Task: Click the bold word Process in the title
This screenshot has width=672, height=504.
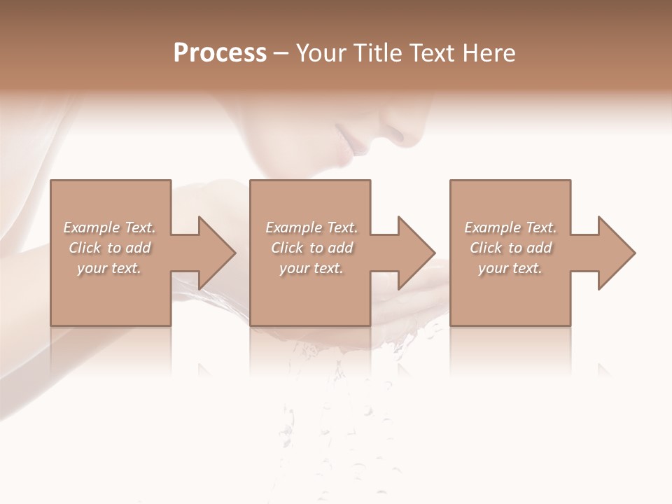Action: pyautogui.click(x=220, y=53)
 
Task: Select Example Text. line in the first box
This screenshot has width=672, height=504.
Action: pyautogui.click(x=109, y=227)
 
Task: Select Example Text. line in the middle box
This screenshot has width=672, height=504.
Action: pyautogui.click(x=311, y=227)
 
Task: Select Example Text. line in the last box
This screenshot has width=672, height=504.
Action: pyautogui.click(x=510, y=227)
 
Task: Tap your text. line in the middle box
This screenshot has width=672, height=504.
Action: pyautogui.click(x=311, y=268)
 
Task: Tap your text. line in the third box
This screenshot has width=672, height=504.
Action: pyautogui.click(x=510, y=268)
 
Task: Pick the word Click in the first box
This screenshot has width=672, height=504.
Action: pyautogui.click(x=85, y=248)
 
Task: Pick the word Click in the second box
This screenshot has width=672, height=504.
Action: pyautogui.click(x=287, y=248)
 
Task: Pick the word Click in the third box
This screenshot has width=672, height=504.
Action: pyautogui.click(x=486, y=248)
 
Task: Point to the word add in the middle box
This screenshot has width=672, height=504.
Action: pyautogui.click(x=340, y=248)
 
